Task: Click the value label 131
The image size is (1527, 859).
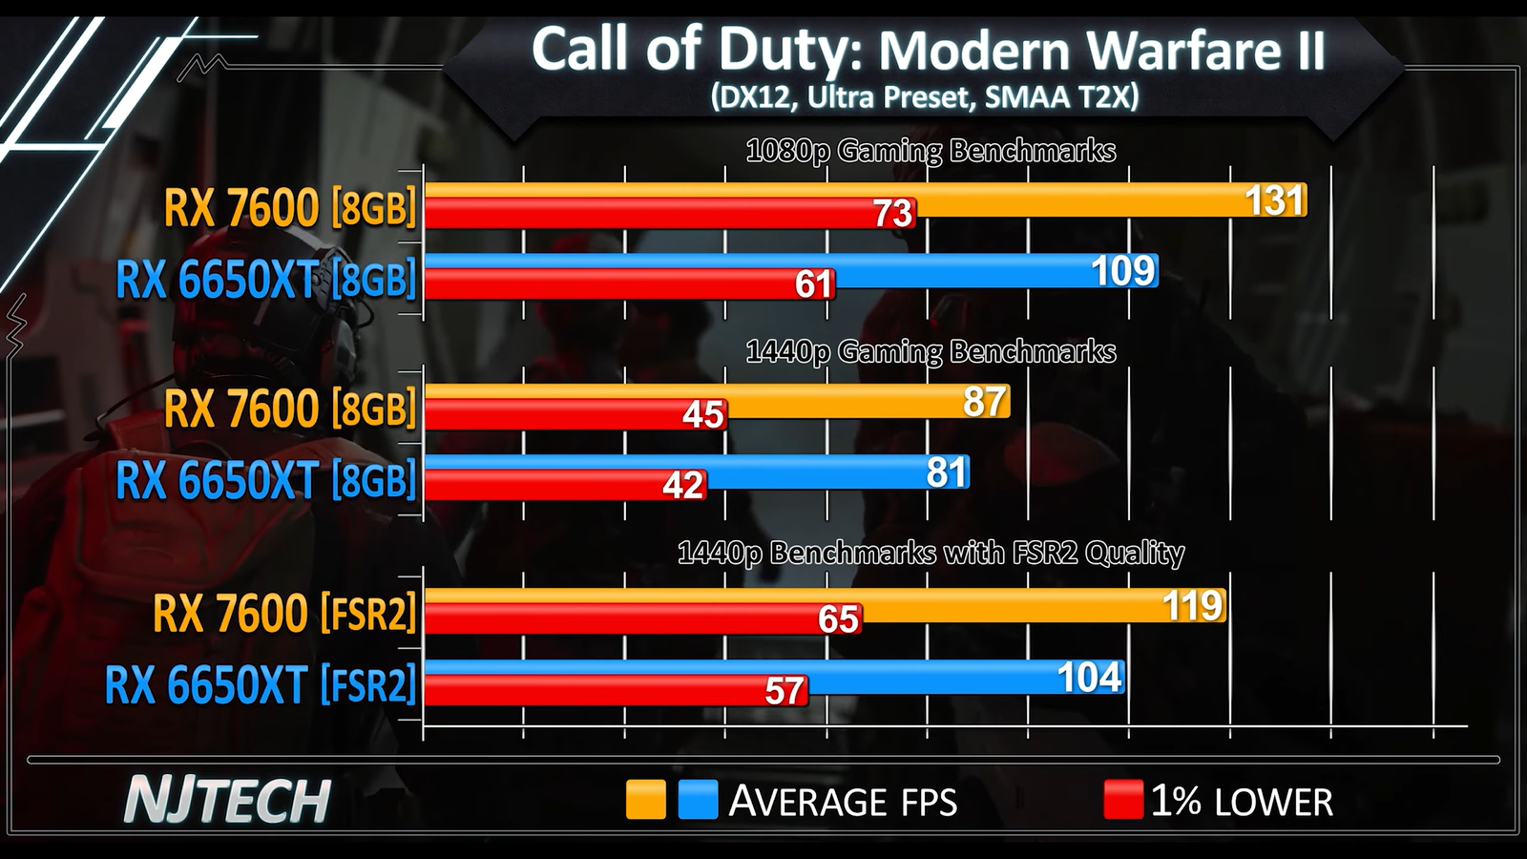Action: pyautogui.click(x=1274, y=200)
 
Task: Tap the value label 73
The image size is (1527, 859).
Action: pyautogui.click(x=892, y=214)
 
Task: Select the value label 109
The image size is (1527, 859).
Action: pyautogui.click(x=1123, y=271)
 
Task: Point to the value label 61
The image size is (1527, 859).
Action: pyautogui.click(x=813, y=284)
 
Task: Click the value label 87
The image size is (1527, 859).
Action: pyautogui.click(x=985, y=402)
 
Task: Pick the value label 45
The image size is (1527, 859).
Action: pyautogui.click(x=703, y=415)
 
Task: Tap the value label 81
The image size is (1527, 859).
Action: pyautogui.click(x=947, y=472)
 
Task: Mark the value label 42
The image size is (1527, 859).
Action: pyautogui.click(x=683, y=486)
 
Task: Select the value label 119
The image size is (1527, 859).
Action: pyautogui.click(x=1192, y=606)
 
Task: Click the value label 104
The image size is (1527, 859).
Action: pyautogui.click(x=1090, y=678)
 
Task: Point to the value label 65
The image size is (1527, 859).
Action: pyautogui.click(x=838, y=619)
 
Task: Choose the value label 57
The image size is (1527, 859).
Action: pyautogui.click(x=784, y=691)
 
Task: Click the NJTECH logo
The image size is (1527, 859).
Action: pyautogui.click(x=227, y=800)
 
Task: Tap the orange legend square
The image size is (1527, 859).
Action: pyautogui.click(x=645, y=800)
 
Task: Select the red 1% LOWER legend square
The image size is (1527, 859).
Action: pyautogui.click(x=1122, y=800)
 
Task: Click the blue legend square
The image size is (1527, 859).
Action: pyautogui.click(x=698, y=800)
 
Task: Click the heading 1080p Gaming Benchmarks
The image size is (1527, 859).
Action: pyautogui.click(x=931, y=151)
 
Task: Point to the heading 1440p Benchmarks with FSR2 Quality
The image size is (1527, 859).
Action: pyautogui.click(x=931, y=553)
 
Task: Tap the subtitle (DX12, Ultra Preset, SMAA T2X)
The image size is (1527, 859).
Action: pyautogui.click(x=924, y=97)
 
